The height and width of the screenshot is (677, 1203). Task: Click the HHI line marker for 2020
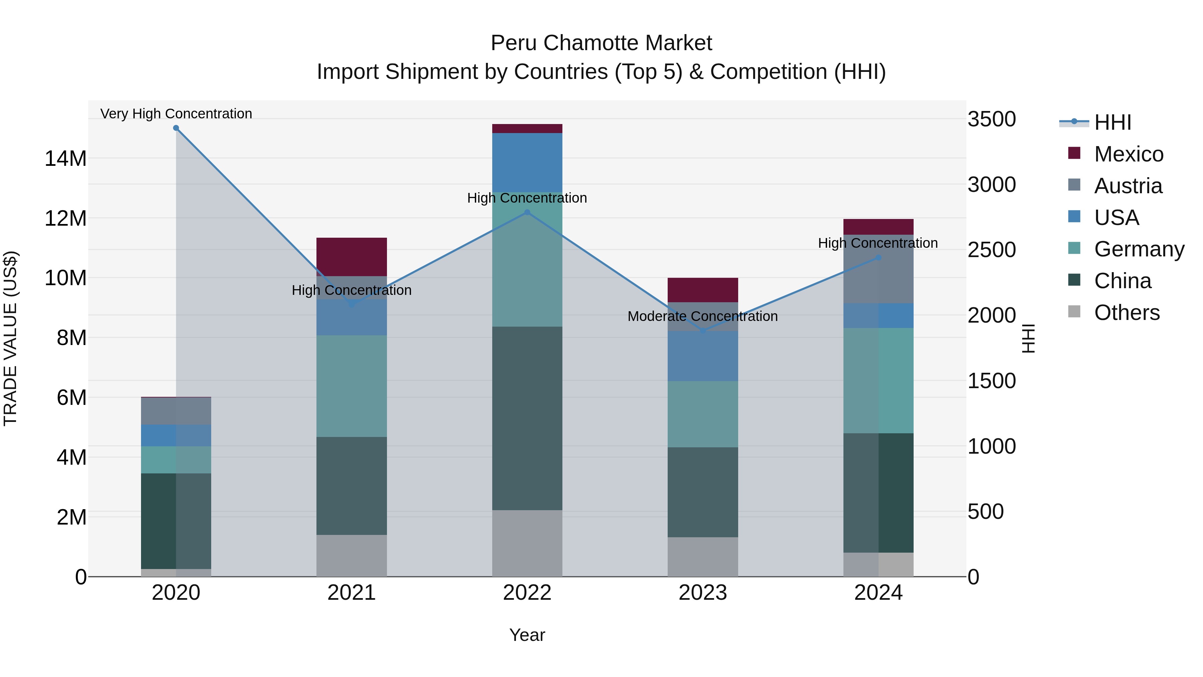tap(176, 128)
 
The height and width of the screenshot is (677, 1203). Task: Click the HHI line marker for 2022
tap(527, 212)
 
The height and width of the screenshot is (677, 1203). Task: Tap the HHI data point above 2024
tap(879, 257)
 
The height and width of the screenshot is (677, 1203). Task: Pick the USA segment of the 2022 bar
tap(527, 162)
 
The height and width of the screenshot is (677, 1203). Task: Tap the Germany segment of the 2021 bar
tap(352, 386)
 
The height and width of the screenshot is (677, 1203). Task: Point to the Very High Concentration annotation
tap(176, 114)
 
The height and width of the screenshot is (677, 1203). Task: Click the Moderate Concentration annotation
tap(702, 316)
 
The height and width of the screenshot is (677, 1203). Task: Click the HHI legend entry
tap(1112, 122)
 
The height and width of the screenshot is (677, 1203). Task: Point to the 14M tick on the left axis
tap(65, 158)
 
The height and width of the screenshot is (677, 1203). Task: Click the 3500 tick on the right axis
tap(991, 119)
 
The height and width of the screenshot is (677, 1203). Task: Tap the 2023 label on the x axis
tap(703, 593)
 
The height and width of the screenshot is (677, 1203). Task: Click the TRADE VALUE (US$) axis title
tap(10, 338)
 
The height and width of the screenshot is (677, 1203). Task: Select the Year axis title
tap(527, 635)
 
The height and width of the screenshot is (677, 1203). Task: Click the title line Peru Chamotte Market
tap(601, 43)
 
